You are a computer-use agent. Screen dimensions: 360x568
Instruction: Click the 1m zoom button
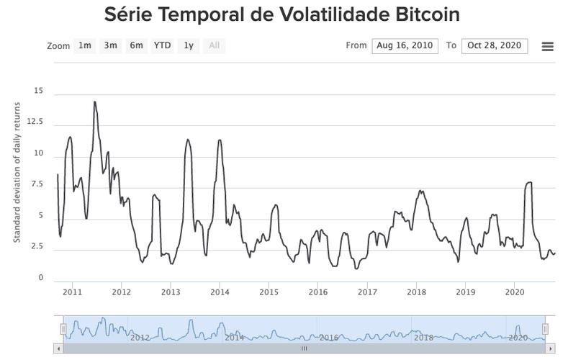[85, 45]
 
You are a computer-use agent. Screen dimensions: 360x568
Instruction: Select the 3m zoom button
[110, 45]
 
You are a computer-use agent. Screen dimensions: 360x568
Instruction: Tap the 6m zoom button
[136, 45]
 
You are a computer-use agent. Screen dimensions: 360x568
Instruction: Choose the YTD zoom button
[162, 45]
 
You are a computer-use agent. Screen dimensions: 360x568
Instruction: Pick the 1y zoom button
[189, 45]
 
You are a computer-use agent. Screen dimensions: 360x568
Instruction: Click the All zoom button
[214, 45]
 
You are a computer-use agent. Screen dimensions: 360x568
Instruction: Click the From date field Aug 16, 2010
[405, 45]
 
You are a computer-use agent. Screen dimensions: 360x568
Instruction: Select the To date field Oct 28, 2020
[494, 45]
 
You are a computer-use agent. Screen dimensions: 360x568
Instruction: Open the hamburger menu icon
[547, 47]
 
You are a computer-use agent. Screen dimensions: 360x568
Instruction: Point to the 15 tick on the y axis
[38, 91]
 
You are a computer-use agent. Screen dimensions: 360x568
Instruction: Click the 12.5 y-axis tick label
[35, 122]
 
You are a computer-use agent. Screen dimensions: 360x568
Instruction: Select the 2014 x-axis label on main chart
[220, 292]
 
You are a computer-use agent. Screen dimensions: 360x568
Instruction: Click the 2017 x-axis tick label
[367, 292]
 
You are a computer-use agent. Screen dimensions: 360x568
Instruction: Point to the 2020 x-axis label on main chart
[515, 292]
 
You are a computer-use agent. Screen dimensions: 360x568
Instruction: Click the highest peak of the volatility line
[94, 102]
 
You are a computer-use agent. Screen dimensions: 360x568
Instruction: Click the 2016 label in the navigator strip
[328, 337]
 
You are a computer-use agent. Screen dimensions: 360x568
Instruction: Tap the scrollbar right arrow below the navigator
[551, 348]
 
